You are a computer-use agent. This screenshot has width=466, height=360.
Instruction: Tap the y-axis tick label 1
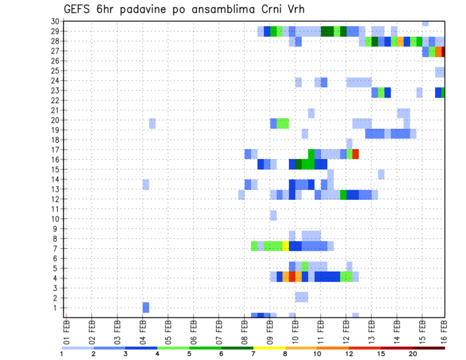(x=56, y=308)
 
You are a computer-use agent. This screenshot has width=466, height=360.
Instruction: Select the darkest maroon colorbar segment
(x=429, y=348)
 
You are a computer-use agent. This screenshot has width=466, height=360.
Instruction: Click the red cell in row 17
(x=355, y=154)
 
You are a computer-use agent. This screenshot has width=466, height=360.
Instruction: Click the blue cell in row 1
(x=146, y=308)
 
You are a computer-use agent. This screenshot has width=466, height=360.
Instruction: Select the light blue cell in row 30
(x=425, y=23)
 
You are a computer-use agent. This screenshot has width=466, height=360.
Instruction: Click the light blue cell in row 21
(x=311, y=113)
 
